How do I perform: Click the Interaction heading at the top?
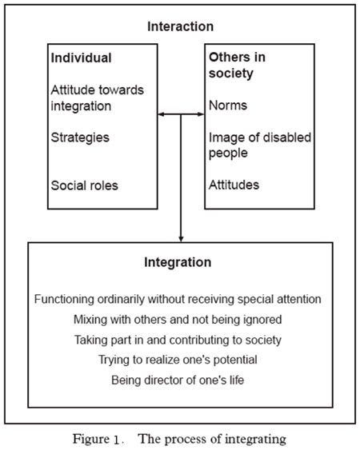pyautogui.click(x=180, y=26)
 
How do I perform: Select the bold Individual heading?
pyautogui.click(x=81, y=58)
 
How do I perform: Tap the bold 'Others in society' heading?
pyautogui.click(x=237, y=66)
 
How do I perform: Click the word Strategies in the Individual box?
pyautogui.click(x=80, y=137)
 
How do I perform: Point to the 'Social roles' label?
pyautogui.click(x=84, y=185)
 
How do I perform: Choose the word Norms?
pyautogui.click(x=228, y=106)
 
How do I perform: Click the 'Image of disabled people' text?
pyautogui.click(x=260, y=145)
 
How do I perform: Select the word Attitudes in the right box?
pyautogui.click(x=234, y=185)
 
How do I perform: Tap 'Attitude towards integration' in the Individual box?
pyautogui.click(x=97, y=98)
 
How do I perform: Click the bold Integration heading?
pyautogui.click(x=178, y=262)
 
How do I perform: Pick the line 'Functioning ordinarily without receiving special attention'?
pyautogui.click(x=178, y=299)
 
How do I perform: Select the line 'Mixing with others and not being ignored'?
pyautogui.click(x=178, y=320)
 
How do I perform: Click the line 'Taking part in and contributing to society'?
pyautogui.click(x=178, y=340)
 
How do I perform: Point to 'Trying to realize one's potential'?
pyautogui.click(x=178, y=360)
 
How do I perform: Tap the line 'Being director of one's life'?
pyautogui.click(x=178, y=380)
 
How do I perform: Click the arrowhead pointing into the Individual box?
pyautogui.click(x=161, y=114)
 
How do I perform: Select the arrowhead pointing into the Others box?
pyautogui.click(x=201, y=114)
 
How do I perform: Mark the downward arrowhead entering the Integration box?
pyautogui.click(x=181, y=239)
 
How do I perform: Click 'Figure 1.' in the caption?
pyautogui.click(x=98, y=440)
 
